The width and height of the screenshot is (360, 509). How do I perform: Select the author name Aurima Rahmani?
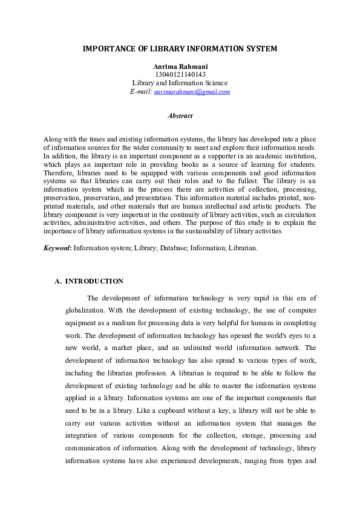(x=180, y=66)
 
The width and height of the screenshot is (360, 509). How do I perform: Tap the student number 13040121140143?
(x=180, y=74)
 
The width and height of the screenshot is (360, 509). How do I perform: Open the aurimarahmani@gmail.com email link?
(x=192, y=91)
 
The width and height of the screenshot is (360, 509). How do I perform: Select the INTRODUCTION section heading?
(x=94, y=281)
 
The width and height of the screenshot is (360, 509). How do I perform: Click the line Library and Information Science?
(x=180, y=83)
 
